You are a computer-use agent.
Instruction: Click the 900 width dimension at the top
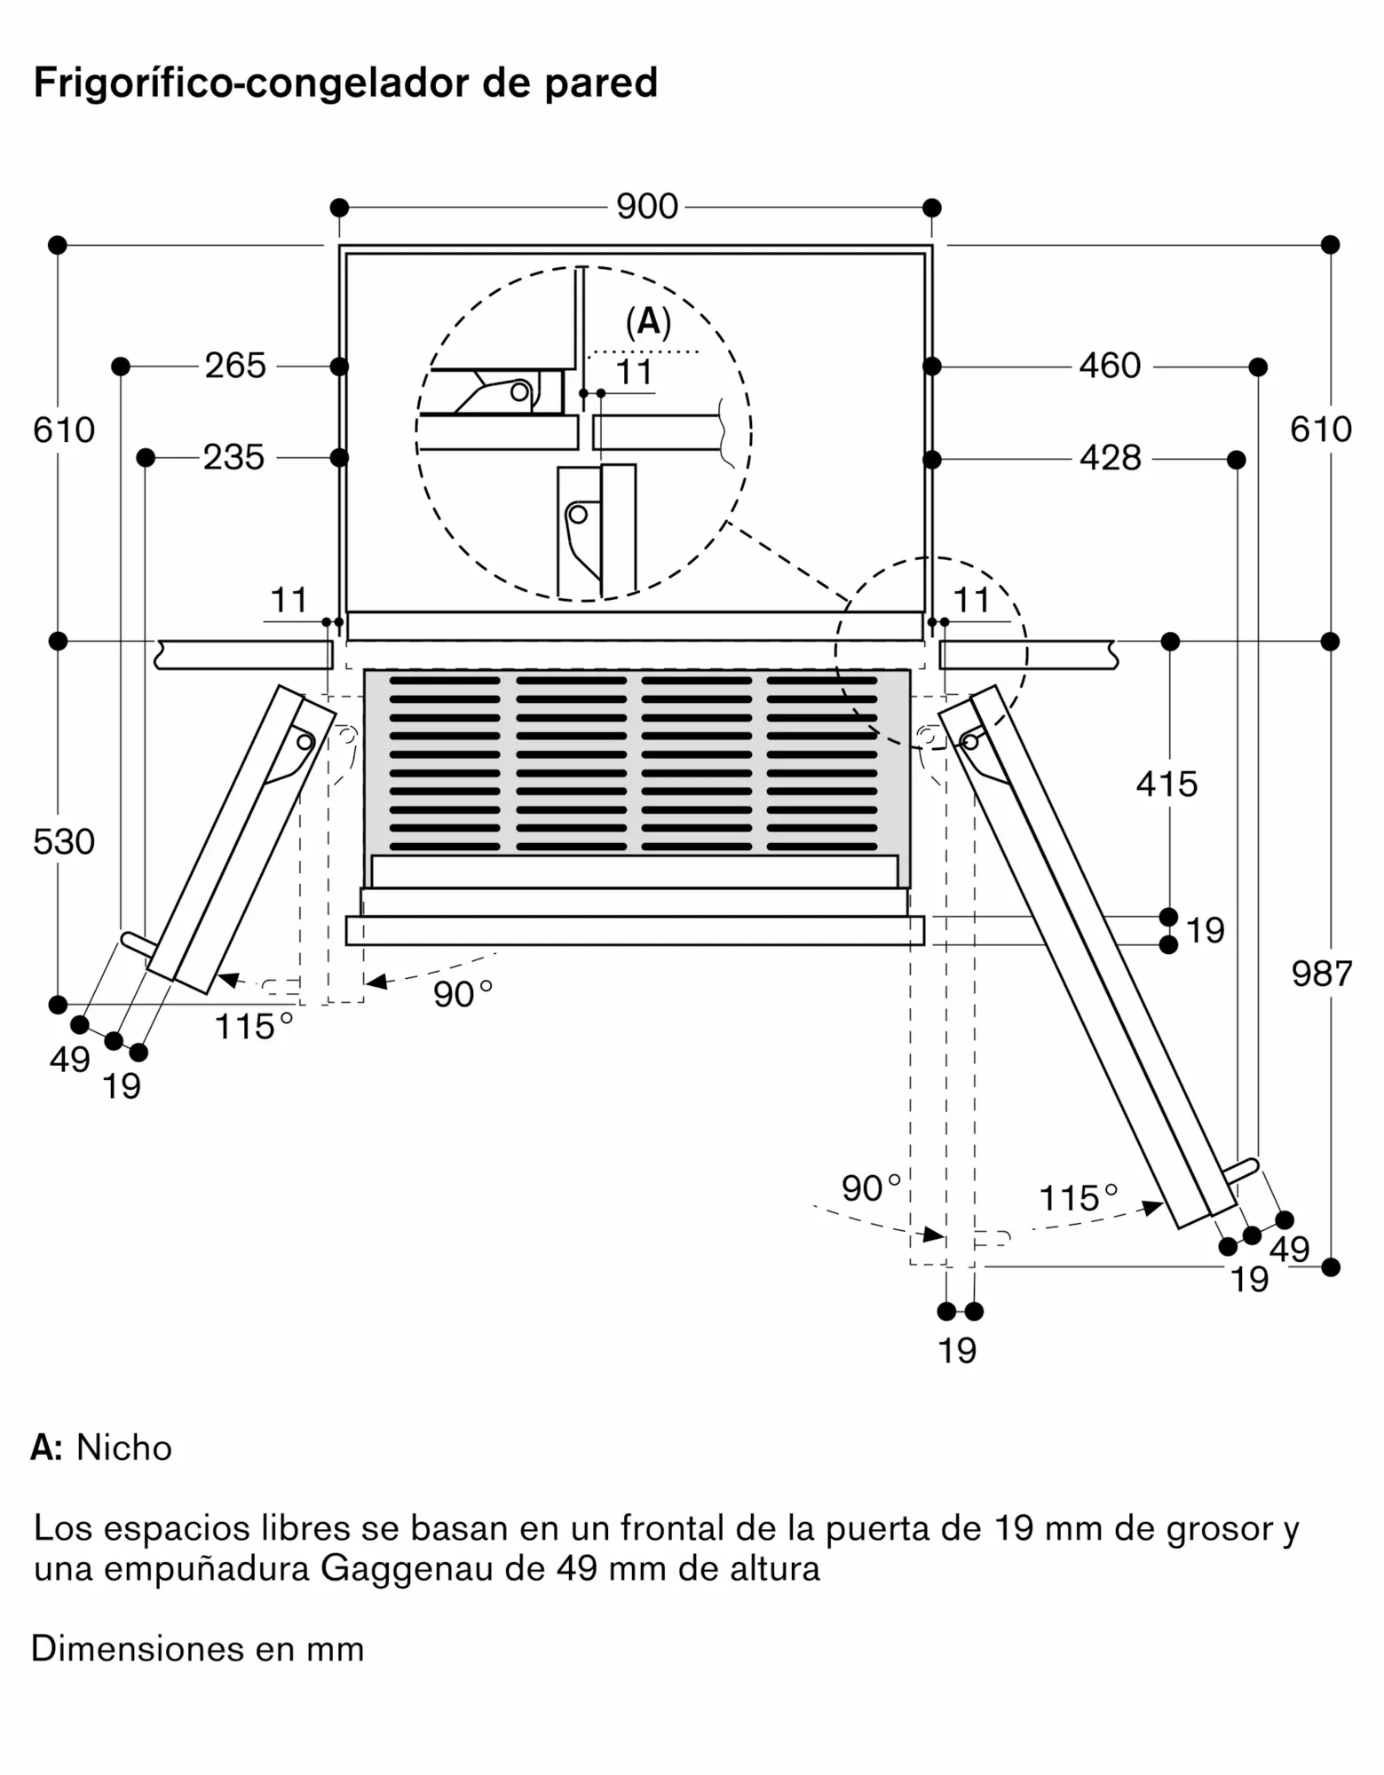coord(647,207)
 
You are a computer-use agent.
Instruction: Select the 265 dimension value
coord(235,366)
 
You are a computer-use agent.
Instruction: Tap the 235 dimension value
coord(233,458)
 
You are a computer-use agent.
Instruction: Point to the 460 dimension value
coord(1110,366)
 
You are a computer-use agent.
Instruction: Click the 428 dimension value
coord(1110,458)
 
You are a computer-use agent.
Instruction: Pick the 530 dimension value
coord(64,841)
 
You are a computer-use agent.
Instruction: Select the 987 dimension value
coord(1322,974)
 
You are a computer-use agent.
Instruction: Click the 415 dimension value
coord(1167,784)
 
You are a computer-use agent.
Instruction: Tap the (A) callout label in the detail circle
coord(648,322)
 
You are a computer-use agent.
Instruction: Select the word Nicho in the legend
coord(124,1448)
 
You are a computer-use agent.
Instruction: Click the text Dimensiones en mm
coord(198,1649)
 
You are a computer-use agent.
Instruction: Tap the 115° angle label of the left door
coord(254,1027)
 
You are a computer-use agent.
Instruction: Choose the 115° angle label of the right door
coord(1078,1198)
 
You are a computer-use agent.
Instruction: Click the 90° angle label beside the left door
coord(463,994)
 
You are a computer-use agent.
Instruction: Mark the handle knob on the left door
coord(138,943)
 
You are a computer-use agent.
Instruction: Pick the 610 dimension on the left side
coord(64,430)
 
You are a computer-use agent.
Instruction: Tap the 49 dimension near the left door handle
coord(70,1060)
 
